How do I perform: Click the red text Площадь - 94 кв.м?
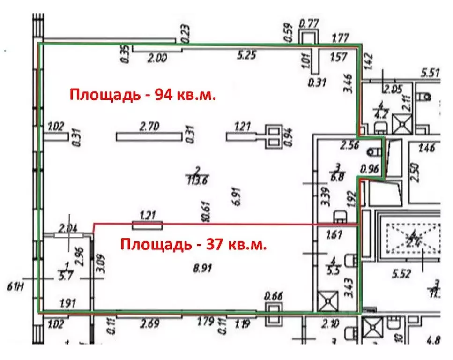pos(143,95)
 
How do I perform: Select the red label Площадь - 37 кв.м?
pos(194,244)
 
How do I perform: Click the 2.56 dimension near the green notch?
pos(350,146)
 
